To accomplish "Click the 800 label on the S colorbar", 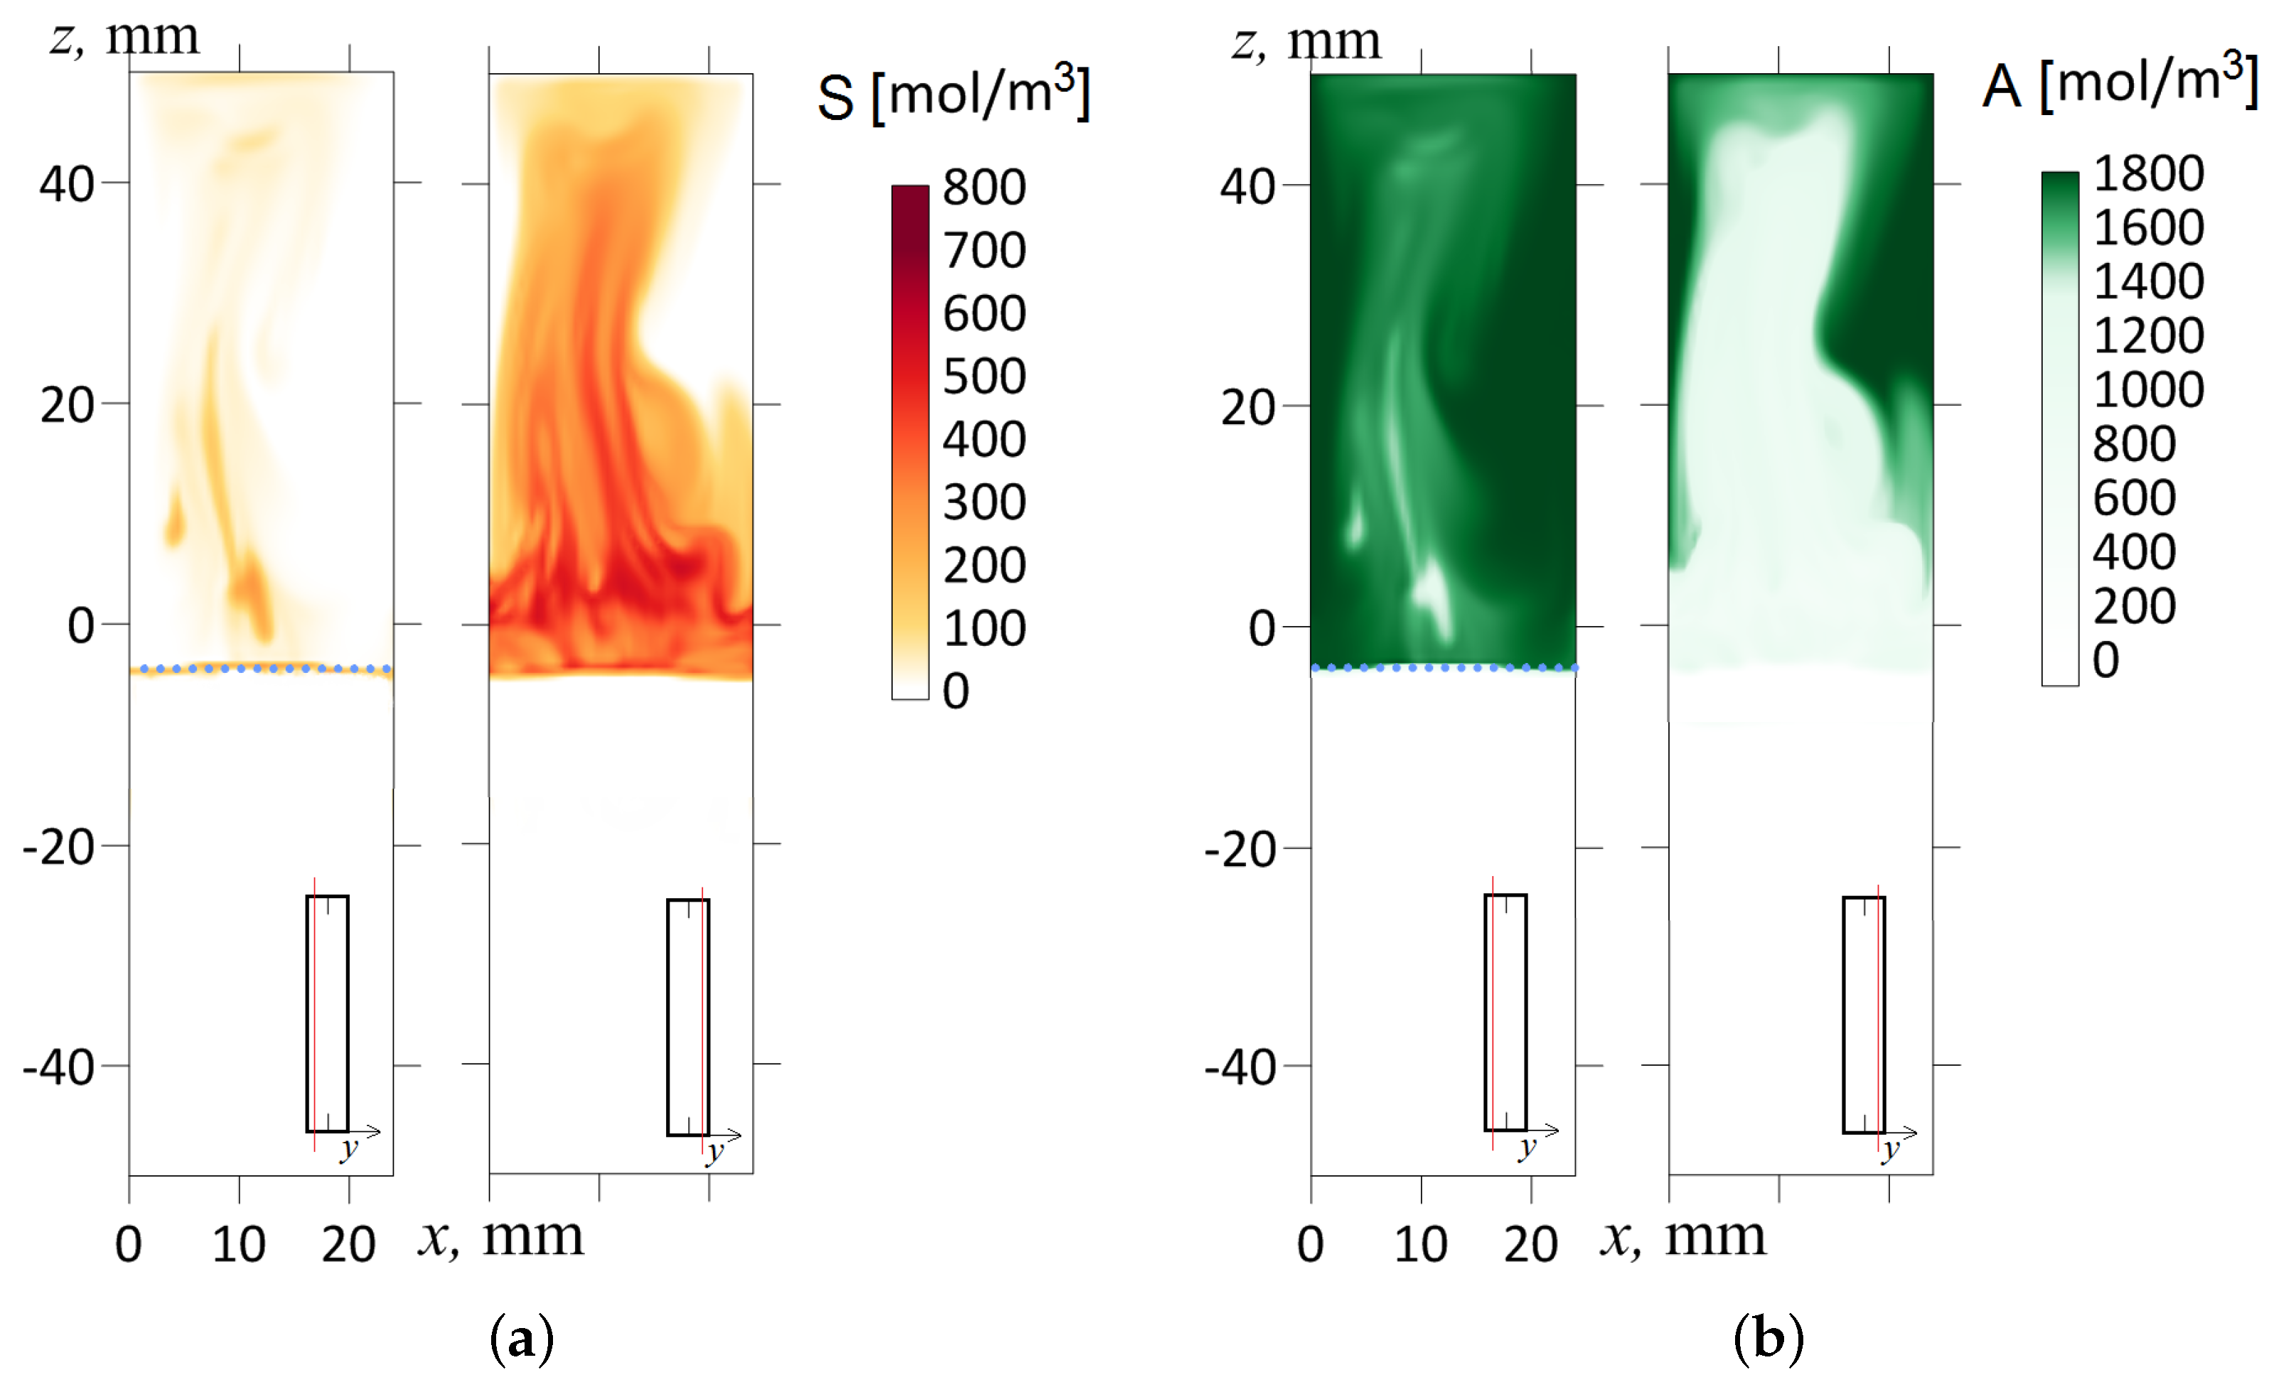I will pyautogui.click(x=984, y=188).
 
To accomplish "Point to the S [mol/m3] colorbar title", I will pyautogui.click(x=953, y=95).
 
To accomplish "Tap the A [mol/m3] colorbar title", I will pyautogui.click(x=2120, y=83).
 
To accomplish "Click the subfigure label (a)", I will pyautogui.click(x=522, y=1339).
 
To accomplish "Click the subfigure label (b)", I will pyautogui.click(x=1768, y=1339).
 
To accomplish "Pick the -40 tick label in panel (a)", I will pyautogui.click(x=58, y=1068).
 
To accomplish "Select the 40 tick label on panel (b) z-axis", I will pyautogui.click(x=1247, y=187).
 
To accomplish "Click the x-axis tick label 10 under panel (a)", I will pyautogui.click(x=238, y=1244).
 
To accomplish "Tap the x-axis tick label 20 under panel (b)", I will pyautogui.click(x=1530, y=1244).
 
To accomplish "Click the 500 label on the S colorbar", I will pyautogui.click(x=984, y=376).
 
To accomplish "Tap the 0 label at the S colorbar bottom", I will pyautogui.click(x=956, y=691).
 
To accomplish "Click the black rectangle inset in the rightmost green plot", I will pyautogui.click(x=1863, y=1014).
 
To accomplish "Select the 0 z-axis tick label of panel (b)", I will pyautogui.click(x=1262, y=628).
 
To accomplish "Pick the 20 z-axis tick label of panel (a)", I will pyautogui.click(x=67, y=406).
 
